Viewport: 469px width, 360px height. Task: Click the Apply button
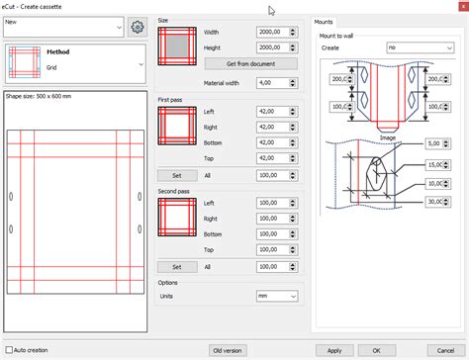(x=335, y=350)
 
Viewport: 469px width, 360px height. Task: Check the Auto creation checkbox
(x=10, y=350)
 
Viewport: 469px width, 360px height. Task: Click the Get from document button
(x=250, y=62)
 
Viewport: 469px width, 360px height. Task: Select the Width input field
(x=274, y=32)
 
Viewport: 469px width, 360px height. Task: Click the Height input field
(x=274, y=46)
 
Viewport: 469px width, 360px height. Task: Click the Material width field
(x=274, y=83)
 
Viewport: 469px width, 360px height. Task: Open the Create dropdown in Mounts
(x=417, y=46)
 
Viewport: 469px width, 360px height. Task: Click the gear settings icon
(x=138, y=26)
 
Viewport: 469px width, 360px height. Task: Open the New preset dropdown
(x=63, y=27)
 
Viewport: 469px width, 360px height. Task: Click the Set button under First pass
(x=177, y=175)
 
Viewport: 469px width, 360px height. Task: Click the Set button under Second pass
(x=177, y=266)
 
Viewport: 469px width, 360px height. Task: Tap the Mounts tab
(x=324, y=21)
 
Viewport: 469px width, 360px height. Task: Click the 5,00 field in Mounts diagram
(x=439, y=143)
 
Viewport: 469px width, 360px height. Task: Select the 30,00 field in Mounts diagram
(x=439, y=203)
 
